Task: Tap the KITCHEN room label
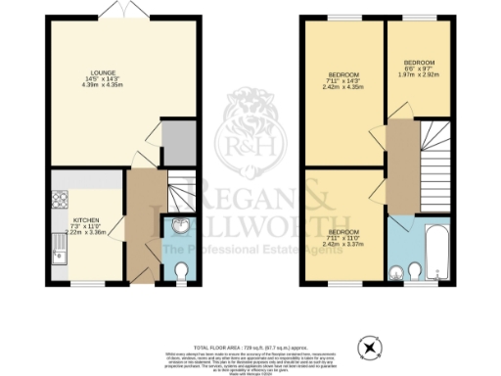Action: pyautogui.click(x=86, y=220)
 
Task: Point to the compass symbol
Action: pyautogui.click(x=370, y=346)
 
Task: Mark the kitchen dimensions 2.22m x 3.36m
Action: pyautogui.click(x=86, y=233)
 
